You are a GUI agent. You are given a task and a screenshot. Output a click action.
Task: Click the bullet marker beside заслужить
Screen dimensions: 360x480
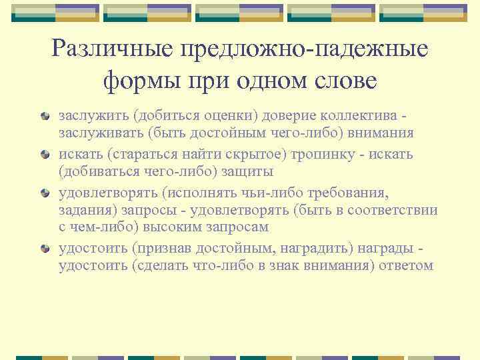(44, 116)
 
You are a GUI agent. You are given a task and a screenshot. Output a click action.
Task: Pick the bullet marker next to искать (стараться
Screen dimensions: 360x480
(44, 155)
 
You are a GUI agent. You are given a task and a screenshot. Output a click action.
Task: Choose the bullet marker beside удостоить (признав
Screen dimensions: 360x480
(44, 249)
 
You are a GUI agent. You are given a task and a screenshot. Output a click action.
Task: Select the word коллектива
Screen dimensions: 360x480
(361, 115)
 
